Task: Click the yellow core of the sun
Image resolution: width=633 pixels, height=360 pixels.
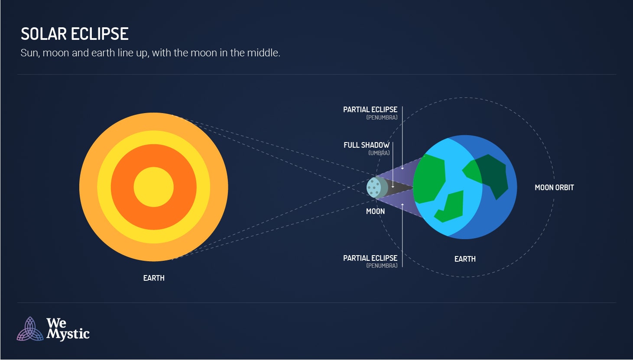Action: [153, 187]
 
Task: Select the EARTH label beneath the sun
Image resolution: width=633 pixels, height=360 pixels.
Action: [154, 278]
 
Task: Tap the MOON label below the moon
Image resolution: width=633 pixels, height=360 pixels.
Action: [375, 211]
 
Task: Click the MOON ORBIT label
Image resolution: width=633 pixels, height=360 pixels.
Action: [554, 188]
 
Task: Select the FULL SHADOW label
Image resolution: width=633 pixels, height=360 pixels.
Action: [367, 145]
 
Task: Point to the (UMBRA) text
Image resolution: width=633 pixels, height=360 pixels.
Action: [379, 153]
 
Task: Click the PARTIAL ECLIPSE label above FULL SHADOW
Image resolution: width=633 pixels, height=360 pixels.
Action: [370, 110]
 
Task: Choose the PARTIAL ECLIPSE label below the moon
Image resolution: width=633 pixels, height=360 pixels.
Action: [370, 258]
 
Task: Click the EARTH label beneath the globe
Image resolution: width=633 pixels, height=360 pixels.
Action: [465, 259]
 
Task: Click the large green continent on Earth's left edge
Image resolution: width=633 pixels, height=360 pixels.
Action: [429, 178]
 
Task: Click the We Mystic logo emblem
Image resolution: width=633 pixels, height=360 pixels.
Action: [30, 329]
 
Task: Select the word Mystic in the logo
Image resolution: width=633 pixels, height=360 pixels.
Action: [68, 334]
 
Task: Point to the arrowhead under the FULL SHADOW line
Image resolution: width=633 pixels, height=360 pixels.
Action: [393, 186]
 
